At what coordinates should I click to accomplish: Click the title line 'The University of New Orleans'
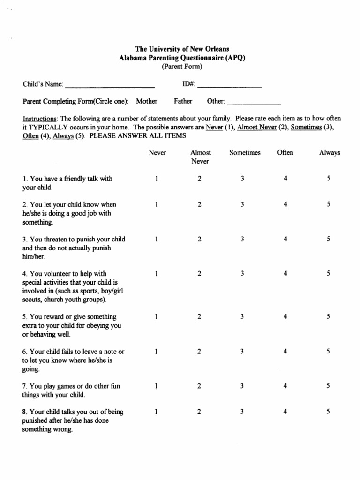[x=182, y=49]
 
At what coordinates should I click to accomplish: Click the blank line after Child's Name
[x=110, y=87]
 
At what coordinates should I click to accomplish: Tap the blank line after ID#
[x=229, y=87]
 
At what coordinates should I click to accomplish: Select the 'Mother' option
[x=147, y=101]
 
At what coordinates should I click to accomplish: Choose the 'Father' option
[x=183, y=101]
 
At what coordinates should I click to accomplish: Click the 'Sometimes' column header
[x=245, y=153]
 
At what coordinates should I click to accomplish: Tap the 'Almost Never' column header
[x=200, y=157]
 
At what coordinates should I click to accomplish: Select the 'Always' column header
[x=330, y=153]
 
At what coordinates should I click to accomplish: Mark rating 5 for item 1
[x=329, y=179]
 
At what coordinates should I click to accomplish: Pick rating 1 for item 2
[x=157, y=204]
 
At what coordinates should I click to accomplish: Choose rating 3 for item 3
[x=242, y=239]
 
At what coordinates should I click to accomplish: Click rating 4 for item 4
[x=285, y=274]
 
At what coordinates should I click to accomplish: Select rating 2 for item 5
[x=199, y=317]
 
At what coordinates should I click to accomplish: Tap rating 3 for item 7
[x=242, y=386]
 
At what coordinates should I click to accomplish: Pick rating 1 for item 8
[x=157, y=412]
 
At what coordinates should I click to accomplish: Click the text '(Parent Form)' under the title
[x=182, y=67]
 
